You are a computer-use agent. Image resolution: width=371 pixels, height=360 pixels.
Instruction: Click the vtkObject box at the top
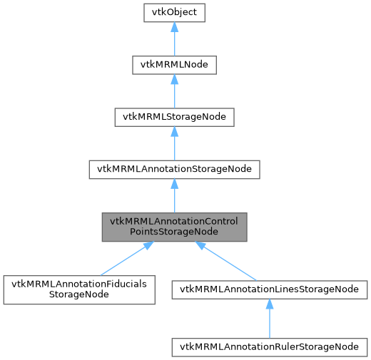click(175, 12)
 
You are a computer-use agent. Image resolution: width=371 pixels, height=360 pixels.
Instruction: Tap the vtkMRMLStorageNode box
click(175, 117)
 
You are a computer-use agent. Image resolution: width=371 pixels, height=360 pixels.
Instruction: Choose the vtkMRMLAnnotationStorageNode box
click(175, 169)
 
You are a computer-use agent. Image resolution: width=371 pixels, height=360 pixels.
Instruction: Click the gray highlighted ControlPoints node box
click(175, 226)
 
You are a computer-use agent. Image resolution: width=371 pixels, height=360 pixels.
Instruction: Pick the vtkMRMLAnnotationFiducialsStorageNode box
click(78, 289)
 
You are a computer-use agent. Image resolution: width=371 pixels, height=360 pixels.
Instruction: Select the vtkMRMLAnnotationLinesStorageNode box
click(270, 289)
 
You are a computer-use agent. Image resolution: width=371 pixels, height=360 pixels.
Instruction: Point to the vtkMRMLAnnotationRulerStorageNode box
click(270, 346)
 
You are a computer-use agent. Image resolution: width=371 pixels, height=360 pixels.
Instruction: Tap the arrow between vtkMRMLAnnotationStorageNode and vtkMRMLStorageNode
click(175, 143)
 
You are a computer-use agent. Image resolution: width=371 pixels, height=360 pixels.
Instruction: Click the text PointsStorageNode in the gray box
click(175, 232)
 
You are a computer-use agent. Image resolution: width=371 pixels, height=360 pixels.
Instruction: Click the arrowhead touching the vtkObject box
click(175, 26)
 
